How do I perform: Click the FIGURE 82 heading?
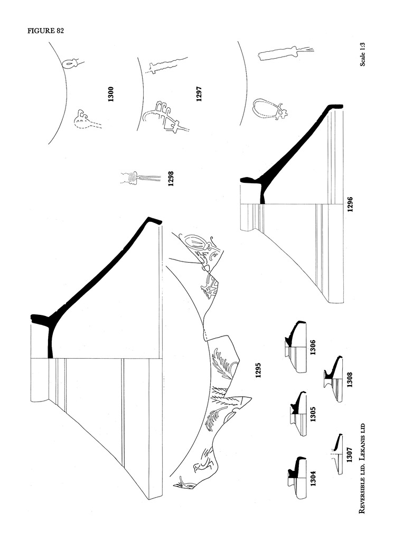46,31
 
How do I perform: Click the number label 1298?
171,180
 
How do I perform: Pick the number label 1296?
350,203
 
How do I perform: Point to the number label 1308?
350,378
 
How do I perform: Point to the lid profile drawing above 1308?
332,378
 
